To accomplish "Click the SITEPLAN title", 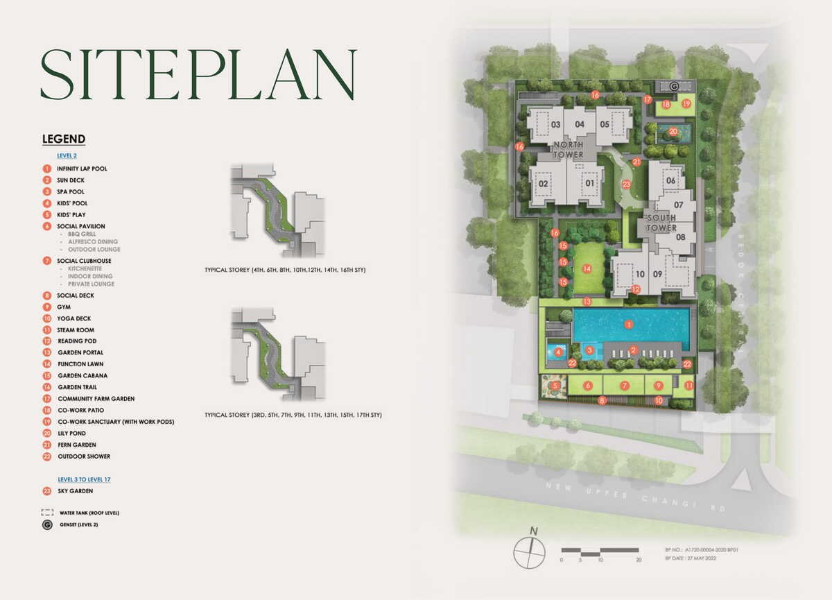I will tap(198, 75).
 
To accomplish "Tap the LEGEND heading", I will tap(64, 139).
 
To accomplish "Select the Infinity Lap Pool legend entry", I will tap(82, 169).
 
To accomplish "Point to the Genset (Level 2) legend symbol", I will tap(47, 525).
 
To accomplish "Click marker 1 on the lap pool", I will tap(628, 324).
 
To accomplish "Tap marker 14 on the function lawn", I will tap(587, 268).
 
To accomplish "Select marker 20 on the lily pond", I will tap(673, 131).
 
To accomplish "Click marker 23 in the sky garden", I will tap(626, 185).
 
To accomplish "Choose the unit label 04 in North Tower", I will tap(580, 125).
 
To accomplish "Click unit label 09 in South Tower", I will tap(657, 274).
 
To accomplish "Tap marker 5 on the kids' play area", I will tap(555, 386).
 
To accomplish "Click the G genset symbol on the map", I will tap(675, 86).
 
